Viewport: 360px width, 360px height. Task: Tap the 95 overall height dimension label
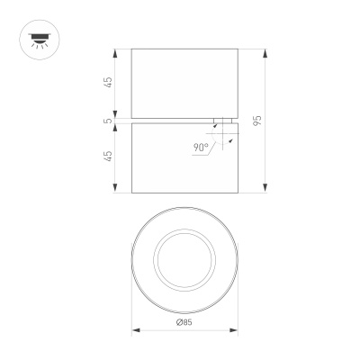click(257, 121)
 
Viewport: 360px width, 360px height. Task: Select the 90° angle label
click(200, 146)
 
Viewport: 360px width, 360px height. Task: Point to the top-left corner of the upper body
click(132, 50)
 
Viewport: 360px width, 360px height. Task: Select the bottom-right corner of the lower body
click(238, 191)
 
